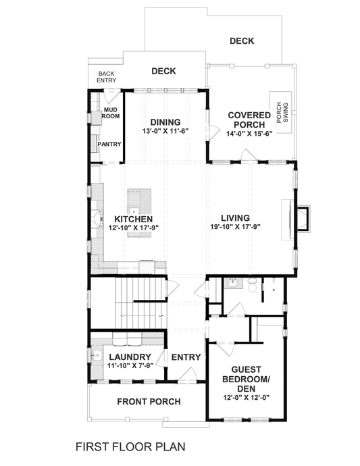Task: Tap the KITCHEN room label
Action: coord(133,219)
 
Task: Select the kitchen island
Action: coord(136,201)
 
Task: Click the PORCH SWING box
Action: coord(280,112)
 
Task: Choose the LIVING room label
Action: coord(235,217)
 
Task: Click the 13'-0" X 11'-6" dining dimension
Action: coord(165,131)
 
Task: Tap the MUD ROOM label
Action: coord(111,113)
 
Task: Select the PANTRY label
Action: coord(109,144)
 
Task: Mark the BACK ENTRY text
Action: coord(107,77)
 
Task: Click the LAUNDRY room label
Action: coord(128,356)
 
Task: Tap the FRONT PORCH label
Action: coord(149,402)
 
